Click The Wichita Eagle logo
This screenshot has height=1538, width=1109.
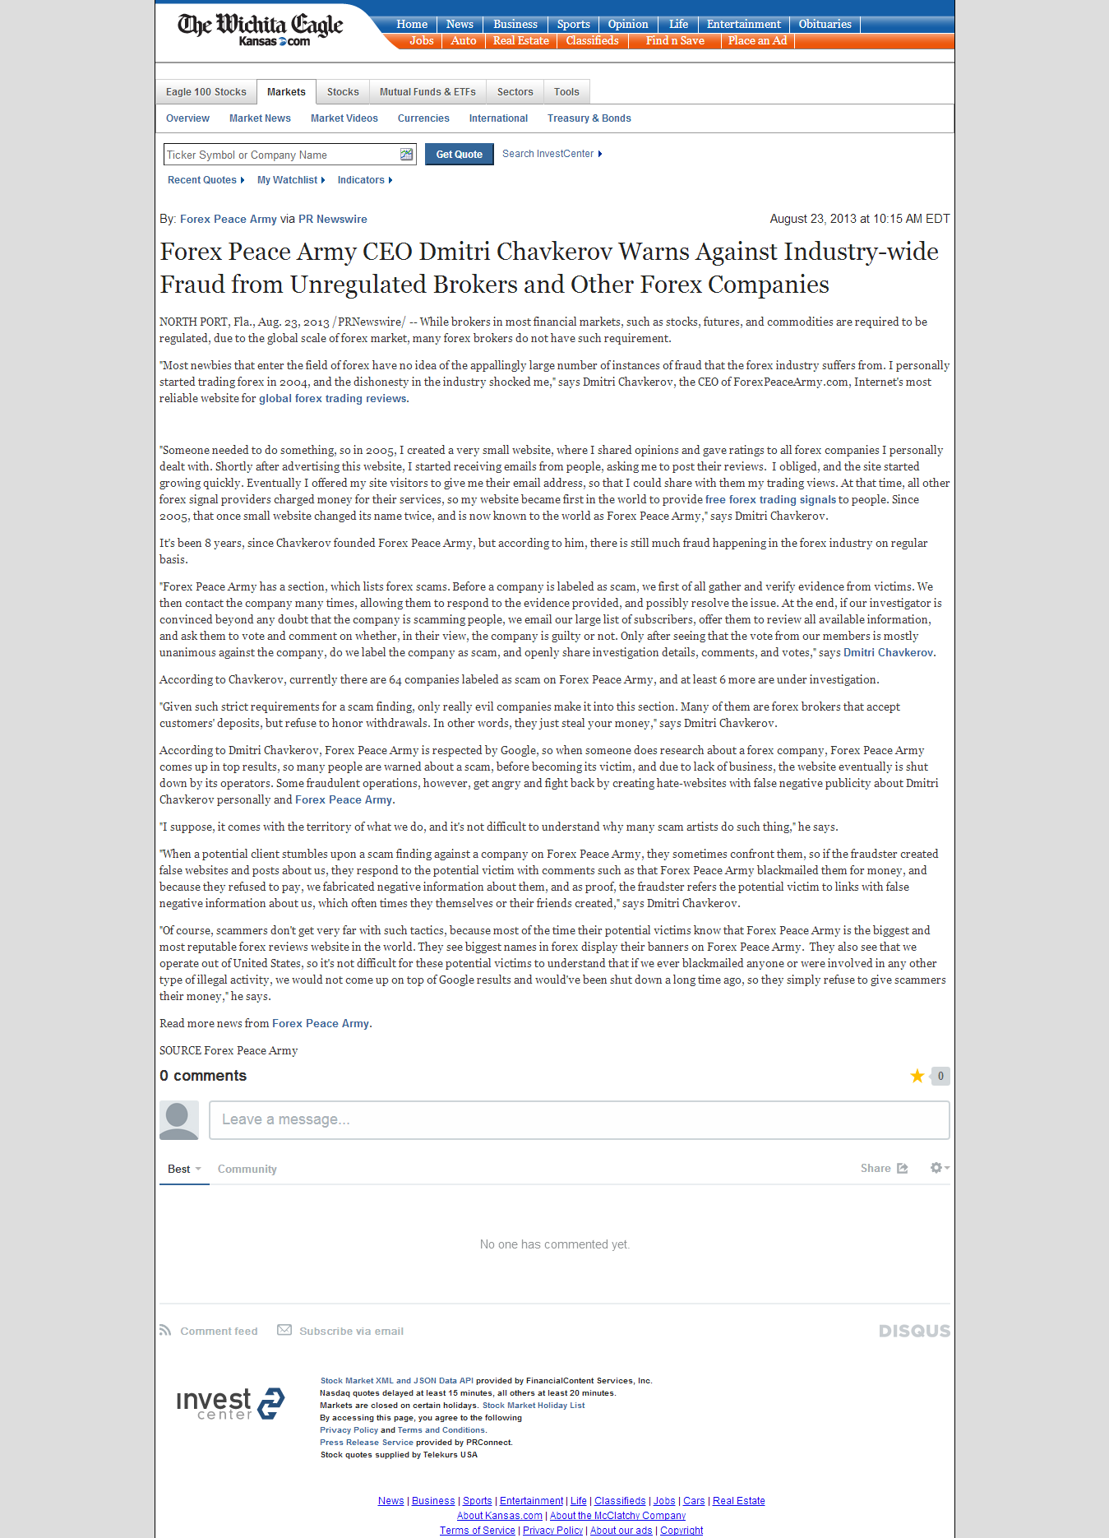(x=260, y=30)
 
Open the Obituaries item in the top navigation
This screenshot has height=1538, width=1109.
(x=825, y=24)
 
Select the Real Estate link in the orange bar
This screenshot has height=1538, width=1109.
(x=520, y=40)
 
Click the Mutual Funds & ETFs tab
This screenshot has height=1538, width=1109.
(x=427, y=92)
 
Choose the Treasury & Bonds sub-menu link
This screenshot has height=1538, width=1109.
(x=589, y=118)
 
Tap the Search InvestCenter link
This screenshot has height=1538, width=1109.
(x=548, y=154)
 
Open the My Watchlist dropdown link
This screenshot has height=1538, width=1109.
(x=288, y=180)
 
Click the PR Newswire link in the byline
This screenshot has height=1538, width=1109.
(x=332, y=219)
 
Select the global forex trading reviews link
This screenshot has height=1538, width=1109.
(x=333, y=399)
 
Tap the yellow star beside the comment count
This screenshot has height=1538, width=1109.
(x=917, y=1076)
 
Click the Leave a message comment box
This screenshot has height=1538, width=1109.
(x=579, y=1120)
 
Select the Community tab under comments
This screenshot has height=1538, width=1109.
(x=247, y=1169)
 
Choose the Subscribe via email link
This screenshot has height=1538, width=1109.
(x=350, y=1331)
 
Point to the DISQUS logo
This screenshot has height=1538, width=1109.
(x=914, y=1331)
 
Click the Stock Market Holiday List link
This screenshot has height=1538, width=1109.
(x=534, y=1406)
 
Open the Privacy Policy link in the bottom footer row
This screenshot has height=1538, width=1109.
(x=552, y=1531)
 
